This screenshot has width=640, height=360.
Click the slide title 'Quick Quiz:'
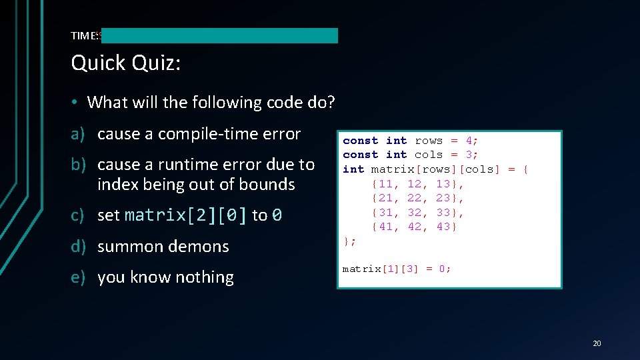coord(126,63)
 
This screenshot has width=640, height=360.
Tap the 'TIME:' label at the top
coord(84,35)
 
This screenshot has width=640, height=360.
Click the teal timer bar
coord(220,35)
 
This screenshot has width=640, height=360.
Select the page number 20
coord(596,343)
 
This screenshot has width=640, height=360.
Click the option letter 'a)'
coord(79,134)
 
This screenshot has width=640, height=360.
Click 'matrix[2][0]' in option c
coord(186,215)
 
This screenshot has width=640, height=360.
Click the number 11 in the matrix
coord(385,184)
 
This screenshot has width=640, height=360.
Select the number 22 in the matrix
coord(414,198)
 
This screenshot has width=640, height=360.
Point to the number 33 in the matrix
coord(443,213)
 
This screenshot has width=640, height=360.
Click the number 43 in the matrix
coord(443,227)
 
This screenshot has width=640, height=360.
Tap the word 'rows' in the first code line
coord(429,141)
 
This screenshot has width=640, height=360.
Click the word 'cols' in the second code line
coord(429,155)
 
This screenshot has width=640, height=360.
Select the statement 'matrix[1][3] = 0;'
coord(397,269)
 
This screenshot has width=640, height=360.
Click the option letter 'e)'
coord(79,277)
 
